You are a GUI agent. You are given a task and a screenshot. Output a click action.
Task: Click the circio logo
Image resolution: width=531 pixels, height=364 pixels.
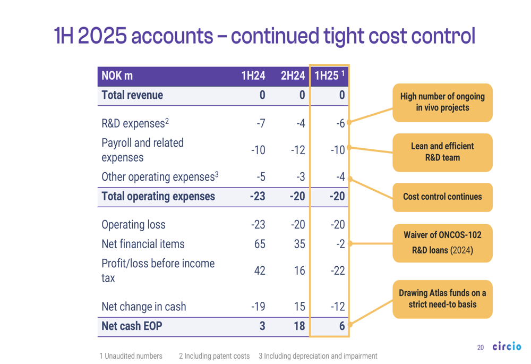507,347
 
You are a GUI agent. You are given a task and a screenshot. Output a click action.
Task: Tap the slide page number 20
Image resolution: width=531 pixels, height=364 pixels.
481,348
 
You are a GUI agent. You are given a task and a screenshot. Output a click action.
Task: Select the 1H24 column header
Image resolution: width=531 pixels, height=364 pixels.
253,76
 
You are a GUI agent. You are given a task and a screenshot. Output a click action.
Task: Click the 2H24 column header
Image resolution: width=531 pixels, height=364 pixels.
293,76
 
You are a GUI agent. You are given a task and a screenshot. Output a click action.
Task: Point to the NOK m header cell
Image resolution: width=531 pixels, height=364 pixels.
117,76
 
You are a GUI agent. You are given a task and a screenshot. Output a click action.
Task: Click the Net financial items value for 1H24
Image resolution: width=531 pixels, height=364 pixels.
259,244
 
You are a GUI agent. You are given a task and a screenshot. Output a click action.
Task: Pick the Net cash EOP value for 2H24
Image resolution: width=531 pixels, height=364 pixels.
299,326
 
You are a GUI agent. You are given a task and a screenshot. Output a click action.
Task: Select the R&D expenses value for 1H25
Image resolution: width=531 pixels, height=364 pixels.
340,123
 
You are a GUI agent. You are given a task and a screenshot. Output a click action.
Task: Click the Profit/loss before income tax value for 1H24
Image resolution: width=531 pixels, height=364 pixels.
259,270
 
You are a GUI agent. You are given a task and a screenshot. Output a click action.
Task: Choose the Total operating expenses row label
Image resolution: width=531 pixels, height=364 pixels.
158,197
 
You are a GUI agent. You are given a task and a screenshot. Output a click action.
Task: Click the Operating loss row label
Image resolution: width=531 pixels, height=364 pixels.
133,225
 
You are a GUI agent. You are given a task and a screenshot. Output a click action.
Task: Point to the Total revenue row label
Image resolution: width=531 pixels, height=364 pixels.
132,96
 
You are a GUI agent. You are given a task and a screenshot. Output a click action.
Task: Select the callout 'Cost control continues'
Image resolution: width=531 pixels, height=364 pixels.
442,197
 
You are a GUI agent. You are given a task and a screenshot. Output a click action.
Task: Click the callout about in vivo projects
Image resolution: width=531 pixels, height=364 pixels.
442,102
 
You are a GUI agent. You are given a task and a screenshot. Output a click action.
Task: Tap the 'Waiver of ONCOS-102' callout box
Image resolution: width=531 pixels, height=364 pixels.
442,243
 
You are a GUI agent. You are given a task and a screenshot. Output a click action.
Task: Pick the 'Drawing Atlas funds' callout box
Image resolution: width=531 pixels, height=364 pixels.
442,299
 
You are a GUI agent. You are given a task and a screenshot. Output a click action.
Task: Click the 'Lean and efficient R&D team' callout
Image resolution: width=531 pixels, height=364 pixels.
442,152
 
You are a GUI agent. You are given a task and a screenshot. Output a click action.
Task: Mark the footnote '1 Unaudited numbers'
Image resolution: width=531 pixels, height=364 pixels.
131,356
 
